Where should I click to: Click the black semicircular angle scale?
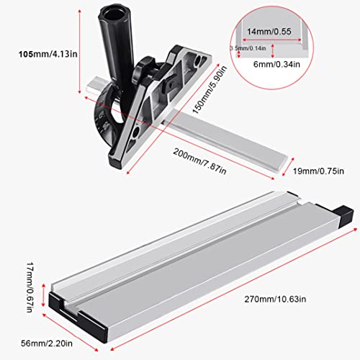tap(108, 130)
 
